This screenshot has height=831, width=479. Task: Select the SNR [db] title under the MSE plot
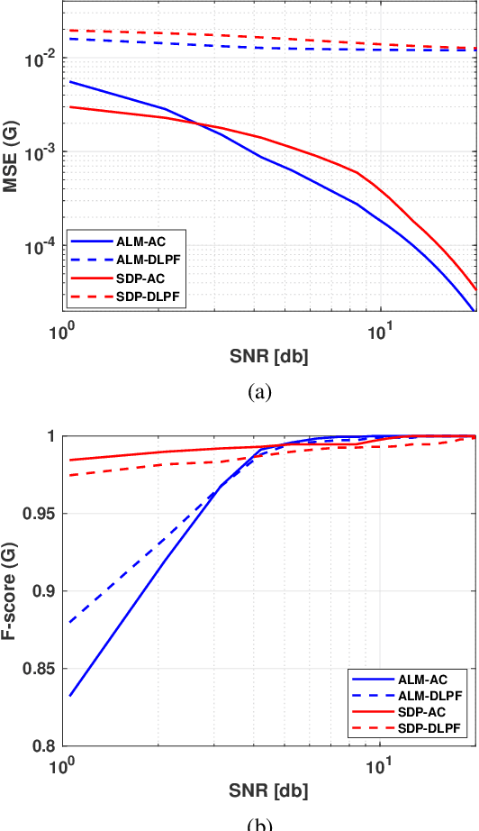[269, 355]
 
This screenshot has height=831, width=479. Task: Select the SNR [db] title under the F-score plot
[269, 790]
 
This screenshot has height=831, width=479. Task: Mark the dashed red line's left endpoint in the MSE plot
[69, 30]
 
